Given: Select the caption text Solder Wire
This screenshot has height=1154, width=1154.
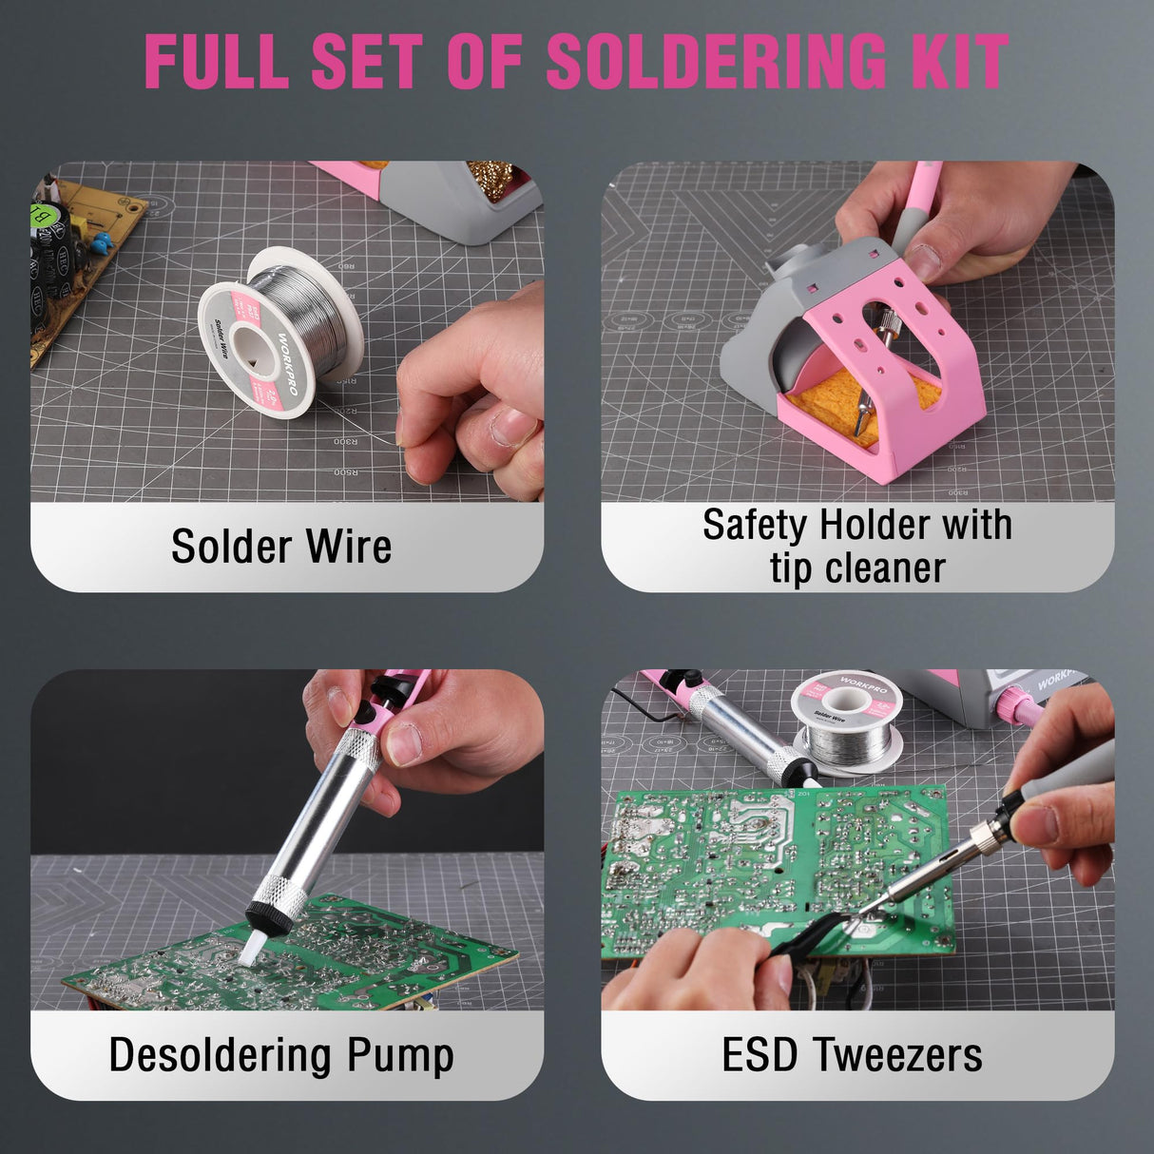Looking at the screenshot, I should tap(281, 547).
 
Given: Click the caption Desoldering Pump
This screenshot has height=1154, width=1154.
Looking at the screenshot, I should tap(281, 1055).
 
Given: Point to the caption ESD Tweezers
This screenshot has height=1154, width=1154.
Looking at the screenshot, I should tap(852, 1055).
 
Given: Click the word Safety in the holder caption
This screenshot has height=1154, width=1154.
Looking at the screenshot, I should tap(756, 525).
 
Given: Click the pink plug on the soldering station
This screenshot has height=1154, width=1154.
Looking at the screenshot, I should tap(1017, 708).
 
